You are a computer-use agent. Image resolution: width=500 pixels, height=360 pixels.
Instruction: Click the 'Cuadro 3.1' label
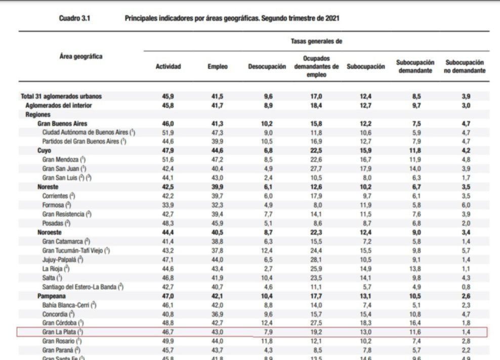click(74, 18)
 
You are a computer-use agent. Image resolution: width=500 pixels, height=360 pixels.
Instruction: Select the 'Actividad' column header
click(168, 67)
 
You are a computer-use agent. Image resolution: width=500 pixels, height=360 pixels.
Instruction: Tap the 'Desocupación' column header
click(267, 67)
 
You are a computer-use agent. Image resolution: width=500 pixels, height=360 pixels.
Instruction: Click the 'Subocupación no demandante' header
click(465, 67)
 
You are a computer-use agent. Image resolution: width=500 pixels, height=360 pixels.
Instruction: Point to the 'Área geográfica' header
click(80, 57)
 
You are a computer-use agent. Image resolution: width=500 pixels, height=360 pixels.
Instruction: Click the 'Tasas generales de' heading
click(316, 41)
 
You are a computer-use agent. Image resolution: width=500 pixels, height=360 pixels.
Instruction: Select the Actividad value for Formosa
click(168, 205)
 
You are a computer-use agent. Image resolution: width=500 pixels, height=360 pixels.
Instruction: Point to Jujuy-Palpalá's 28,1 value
click(316, 259)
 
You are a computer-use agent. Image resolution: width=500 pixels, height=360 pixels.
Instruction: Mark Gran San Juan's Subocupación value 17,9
click(365, 168)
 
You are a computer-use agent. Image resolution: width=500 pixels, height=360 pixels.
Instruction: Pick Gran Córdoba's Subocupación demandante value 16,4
click(416, 323)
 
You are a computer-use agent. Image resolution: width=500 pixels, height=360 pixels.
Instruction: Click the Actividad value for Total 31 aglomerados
click(168, 96)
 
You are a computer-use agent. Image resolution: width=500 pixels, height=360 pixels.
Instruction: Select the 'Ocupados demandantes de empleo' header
click(316, 67)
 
